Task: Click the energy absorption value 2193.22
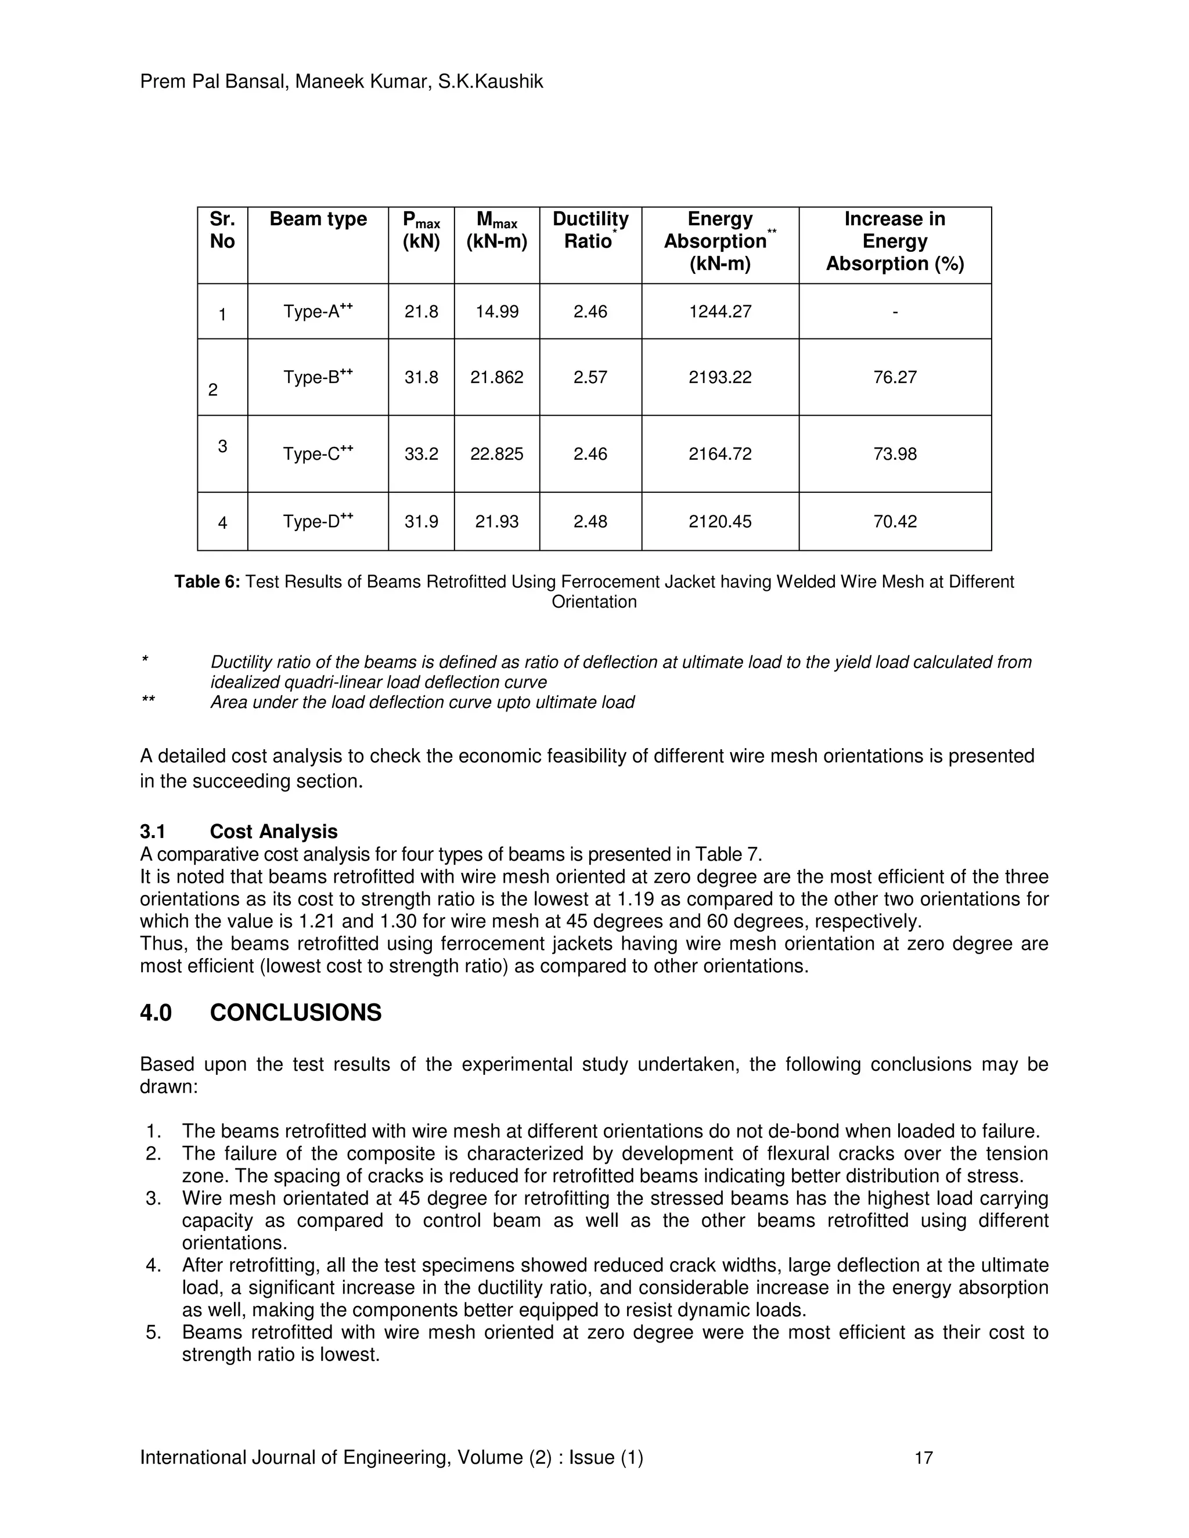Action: coord(720,377)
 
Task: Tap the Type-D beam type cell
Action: coord(318,522)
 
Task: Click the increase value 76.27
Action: coord(895,377)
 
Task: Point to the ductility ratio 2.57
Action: coord(590,377)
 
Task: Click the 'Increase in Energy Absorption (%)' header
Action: coord(895,241)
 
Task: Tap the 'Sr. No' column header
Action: coord(222,230)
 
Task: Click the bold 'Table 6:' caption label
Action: coord(207,582)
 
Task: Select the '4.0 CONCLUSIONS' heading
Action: coord(261,1013)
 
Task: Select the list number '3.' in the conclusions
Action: coord(153,1198)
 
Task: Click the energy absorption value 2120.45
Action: coord(720,522)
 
